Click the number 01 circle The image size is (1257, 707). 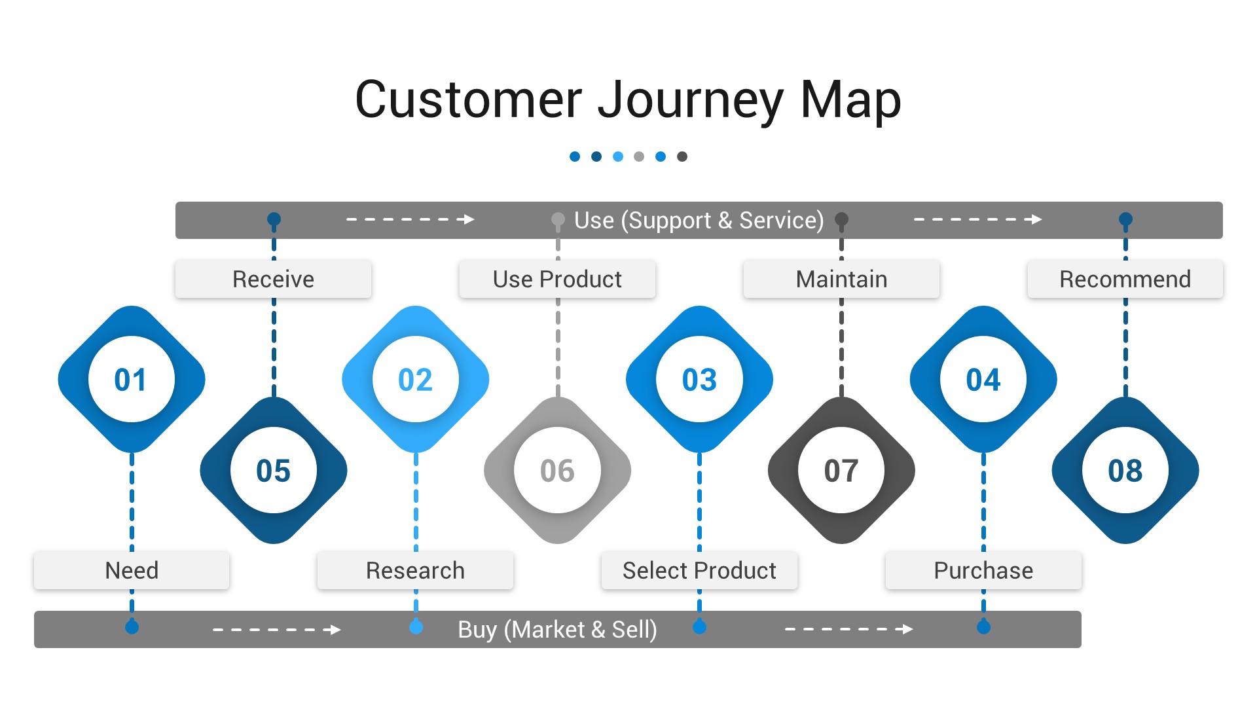[x=131, y=380]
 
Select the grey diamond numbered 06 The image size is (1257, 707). [x=557, y=471]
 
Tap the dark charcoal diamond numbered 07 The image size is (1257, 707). [x=841, y=471]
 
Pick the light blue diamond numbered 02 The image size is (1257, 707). [x=415, y=380]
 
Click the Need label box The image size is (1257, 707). [x=132, y=570]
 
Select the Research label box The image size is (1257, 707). [x=415, y=570]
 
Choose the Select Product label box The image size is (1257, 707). [x=699, y=570]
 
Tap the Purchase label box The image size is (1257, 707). [x=983, y=570]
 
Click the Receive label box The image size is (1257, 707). [x=273, y=280]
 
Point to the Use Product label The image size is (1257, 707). [x=557, y=280]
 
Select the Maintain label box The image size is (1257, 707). [x=841, y=280]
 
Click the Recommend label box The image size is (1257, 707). [x=1125, y=280]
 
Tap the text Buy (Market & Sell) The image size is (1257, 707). [x=557, y=630]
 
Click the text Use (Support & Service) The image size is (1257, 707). [x=699, y=221]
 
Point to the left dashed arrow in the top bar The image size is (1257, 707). [x=410, y=219]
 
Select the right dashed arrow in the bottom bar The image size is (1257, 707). [x=848, y=629]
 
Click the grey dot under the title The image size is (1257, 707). [x=639, y=156]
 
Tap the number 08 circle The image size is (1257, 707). [x=1125, y=471]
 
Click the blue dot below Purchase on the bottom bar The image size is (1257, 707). [x=983, y=627]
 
